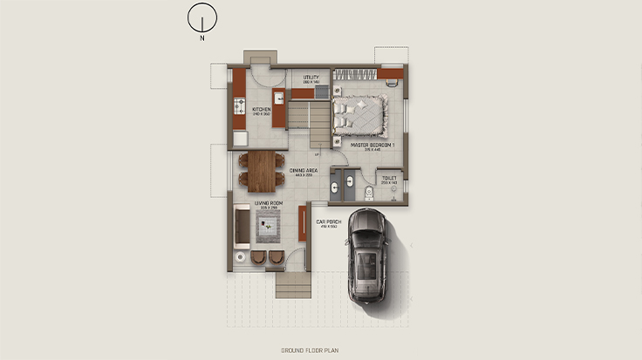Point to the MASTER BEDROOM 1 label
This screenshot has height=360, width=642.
pos(373,146)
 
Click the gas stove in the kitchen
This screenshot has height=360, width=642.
pos(238,107)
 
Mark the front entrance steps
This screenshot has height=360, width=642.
pos(293,284)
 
